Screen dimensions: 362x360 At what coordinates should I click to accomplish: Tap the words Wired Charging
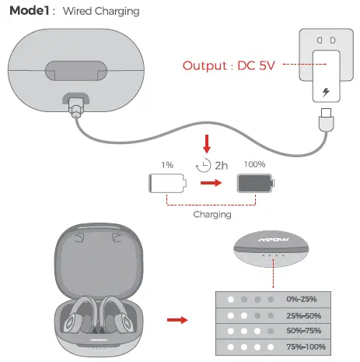(101, 12)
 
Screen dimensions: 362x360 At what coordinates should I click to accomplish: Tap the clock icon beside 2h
(205, 166)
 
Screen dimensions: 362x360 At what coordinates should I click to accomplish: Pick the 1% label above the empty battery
(166, 165)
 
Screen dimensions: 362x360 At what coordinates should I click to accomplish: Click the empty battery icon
(168, 184)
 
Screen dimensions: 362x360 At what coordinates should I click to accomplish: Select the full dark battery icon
(254, 184)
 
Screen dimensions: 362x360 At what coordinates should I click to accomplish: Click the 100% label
(254, 165)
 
